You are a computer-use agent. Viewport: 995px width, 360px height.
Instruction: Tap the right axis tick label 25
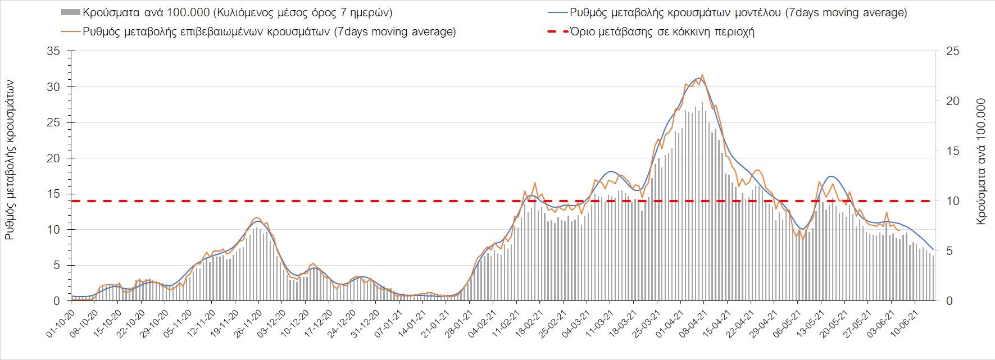pyautogui.click(x=949, y=52)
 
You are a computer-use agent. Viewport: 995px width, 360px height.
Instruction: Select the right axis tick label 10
pyautogui.click(x=949, y=201)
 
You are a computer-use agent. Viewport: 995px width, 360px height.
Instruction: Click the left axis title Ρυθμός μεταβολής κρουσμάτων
pyautogui.click(x=10, y=160)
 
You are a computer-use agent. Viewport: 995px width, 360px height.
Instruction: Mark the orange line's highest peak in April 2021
pyautogui.click(x=702, y=75)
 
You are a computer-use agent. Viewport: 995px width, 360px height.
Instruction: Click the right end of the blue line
pyautogui.click(x=933, y=249)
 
